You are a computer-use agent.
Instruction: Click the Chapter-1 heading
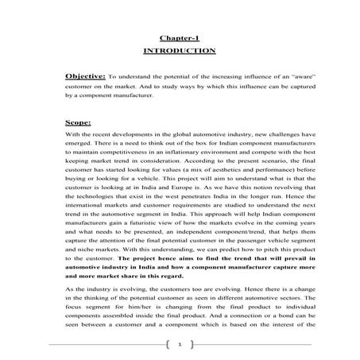179,37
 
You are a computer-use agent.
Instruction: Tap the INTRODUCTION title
179,50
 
